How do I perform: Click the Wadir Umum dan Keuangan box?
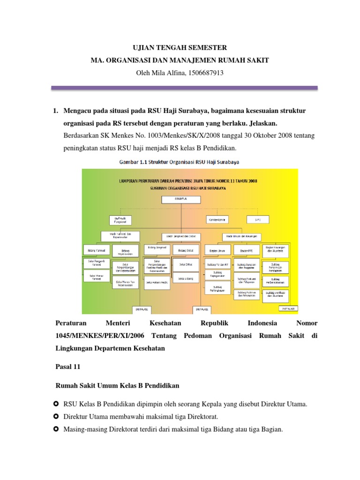(241, 236)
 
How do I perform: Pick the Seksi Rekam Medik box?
(156, 282)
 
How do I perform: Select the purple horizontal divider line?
(183, 88)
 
